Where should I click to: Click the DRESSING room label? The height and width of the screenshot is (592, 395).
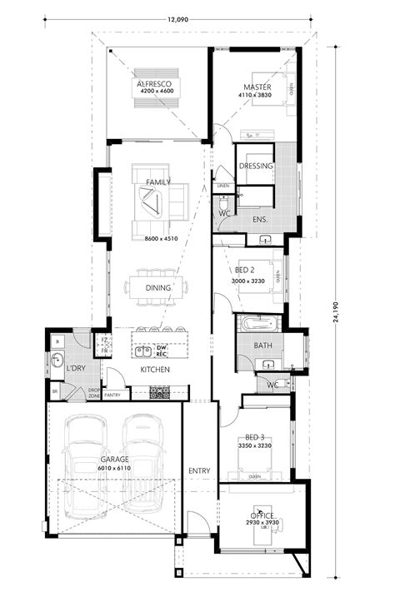pyautogui.click(x=255, y=166)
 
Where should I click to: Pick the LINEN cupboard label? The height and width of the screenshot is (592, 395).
pyautogui.click(x=222, y=186)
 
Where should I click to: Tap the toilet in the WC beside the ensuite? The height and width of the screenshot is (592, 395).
pyautogui.click(x=223, y=202)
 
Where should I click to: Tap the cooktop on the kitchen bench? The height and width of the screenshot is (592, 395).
pyautogui.click(x=159, y=391)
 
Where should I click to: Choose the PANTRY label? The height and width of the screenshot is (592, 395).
pyautogui.click(x=112, y=395)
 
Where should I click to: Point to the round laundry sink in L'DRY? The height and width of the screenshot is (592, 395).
pyautogui.click(x=56, y=361)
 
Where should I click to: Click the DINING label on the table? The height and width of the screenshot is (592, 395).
pyautogui.click(x=157, y=288)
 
